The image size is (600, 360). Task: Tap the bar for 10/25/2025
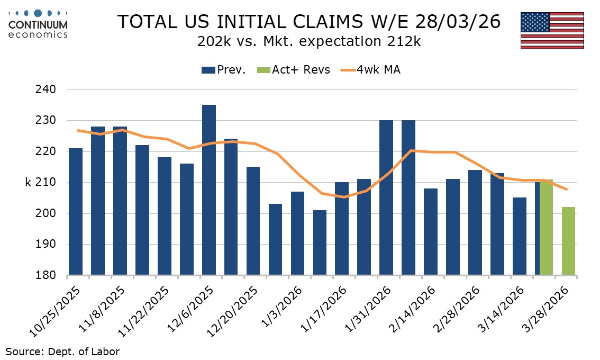[x=76, y=212]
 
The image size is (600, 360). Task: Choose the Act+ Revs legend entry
[x=294, y=70]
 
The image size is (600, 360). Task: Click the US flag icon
[x=552, y=30]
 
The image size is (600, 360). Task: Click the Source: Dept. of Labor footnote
[x=62, y=351]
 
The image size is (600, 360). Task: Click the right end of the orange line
[x=568, y=189]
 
